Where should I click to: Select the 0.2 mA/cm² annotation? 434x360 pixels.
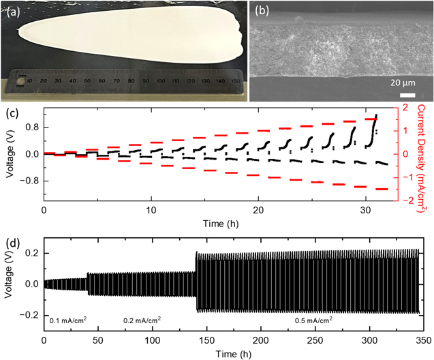click(x=142, y=319)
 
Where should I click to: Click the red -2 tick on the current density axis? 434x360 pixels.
click(x=406, y=200)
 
